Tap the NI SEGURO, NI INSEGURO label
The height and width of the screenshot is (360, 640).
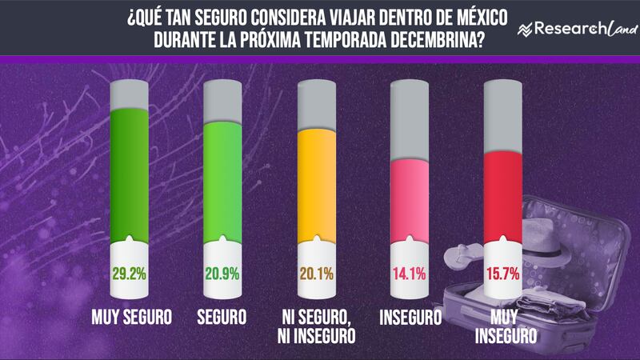tap(318, 326)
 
